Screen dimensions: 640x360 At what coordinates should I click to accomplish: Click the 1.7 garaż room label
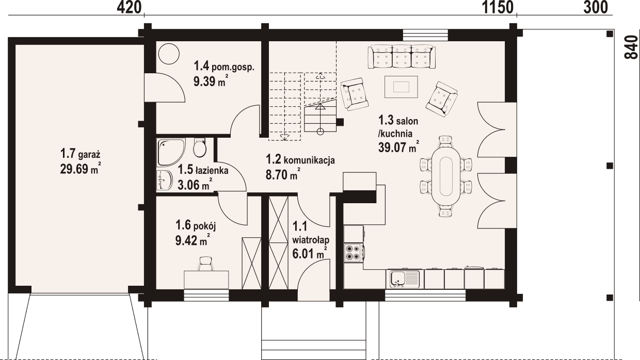[81, 154]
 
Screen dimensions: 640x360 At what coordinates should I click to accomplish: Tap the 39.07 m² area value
[399, 147]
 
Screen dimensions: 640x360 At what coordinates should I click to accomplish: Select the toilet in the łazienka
[199, 148]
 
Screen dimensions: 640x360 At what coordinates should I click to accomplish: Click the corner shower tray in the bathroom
[171, 152]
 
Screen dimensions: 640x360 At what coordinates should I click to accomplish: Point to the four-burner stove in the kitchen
[354, 253]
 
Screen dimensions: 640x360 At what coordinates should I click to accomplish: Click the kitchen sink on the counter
[403, 279]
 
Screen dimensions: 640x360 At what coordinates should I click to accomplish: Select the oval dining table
[446, 176]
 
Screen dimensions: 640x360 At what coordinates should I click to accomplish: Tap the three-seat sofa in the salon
[402, 57]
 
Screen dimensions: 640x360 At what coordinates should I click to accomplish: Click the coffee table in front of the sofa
[401, 87]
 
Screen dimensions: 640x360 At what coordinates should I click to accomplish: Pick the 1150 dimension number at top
[498, 7]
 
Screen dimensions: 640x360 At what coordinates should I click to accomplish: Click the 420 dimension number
[129, 7]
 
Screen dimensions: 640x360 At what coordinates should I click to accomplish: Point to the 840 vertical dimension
[631, 47]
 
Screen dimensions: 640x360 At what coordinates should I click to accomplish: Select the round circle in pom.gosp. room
[169, 54]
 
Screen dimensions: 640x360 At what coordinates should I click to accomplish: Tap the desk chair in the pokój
[206, 264]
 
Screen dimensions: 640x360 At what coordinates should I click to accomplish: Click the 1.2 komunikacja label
[300, 159]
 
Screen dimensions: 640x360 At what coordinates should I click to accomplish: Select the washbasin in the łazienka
[165, 180]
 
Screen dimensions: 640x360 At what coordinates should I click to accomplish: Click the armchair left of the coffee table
[354, 94]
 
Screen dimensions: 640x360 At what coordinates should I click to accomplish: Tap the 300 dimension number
[596, 7]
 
